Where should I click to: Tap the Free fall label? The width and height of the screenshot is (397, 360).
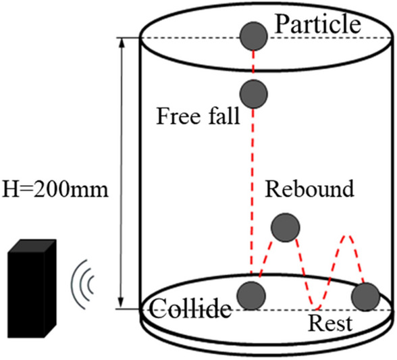(x=198, y=115)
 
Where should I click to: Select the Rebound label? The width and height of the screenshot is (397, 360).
(x=309, y=188)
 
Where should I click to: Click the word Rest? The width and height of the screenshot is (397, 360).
(x=330, y=324)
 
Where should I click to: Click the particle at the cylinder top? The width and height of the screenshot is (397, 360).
(x=254, y=35)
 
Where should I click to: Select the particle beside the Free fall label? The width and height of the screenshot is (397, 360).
(x=253, y=93)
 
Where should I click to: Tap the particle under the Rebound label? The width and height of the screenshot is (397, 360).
(x=284, y=227)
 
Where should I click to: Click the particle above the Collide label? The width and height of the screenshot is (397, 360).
(x=252, y=294)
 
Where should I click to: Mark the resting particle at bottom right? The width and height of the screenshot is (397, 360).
(x=366, y=297)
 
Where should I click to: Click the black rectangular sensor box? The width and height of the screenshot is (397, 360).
(x=32, y=294)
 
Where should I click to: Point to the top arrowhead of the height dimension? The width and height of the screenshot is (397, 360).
(x=122, y=41)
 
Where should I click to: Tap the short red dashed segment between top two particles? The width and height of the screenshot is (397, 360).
(x=254, y=63)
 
